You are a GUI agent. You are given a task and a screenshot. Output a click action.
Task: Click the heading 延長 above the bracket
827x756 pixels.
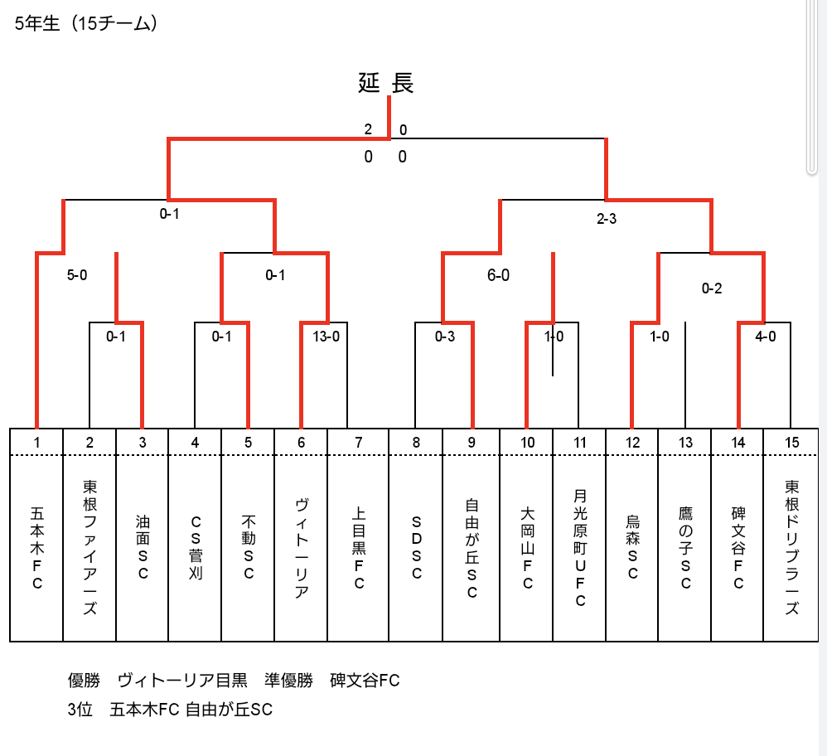(x=385, y=83)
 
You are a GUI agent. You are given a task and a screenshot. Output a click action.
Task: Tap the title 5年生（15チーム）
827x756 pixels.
(x=86, y=24)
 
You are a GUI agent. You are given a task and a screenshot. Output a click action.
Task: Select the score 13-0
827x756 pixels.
(x=326, y=336)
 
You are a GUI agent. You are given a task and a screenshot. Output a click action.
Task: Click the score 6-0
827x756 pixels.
(x=498, y=275)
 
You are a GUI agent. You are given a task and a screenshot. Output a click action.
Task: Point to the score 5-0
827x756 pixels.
(x=77, y=275)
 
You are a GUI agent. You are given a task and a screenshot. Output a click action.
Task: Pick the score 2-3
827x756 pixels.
(x=607, y=218)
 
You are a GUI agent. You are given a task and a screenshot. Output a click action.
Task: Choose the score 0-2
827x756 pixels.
(x=712, y=288)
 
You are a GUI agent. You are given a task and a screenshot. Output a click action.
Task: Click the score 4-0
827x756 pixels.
(x=766, y=336)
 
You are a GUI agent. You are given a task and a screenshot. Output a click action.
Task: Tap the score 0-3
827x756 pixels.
(x=445, y=336)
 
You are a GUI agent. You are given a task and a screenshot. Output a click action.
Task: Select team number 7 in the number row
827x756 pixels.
(x=359, y=443)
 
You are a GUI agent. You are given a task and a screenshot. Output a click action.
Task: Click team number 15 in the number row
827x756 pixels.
(x=791, y=443)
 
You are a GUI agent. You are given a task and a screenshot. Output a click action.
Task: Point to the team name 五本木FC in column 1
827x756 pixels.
(x=37, y=548)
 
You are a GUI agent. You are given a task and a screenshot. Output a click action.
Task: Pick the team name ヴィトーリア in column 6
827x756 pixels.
(x=301, y=548)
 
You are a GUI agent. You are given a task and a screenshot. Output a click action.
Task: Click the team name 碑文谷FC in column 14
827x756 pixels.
(x=738, y=548)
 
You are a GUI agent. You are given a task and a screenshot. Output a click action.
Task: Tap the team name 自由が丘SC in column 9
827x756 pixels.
(x=472, y=548)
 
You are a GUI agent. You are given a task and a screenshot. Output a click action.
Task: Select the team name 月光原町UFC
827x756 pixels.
(x=580, y=548)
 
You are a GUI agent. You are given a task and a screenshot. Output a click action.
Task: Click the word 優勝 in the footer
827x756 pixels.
(x=84, y=681)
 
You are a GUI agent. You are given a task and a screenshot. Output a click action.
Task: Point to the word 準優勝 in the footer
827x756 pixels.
(x=288, y=681)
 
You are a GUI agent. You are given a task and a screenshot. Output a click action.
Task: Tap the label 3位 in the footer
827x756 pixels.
(x=80, y=710)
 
